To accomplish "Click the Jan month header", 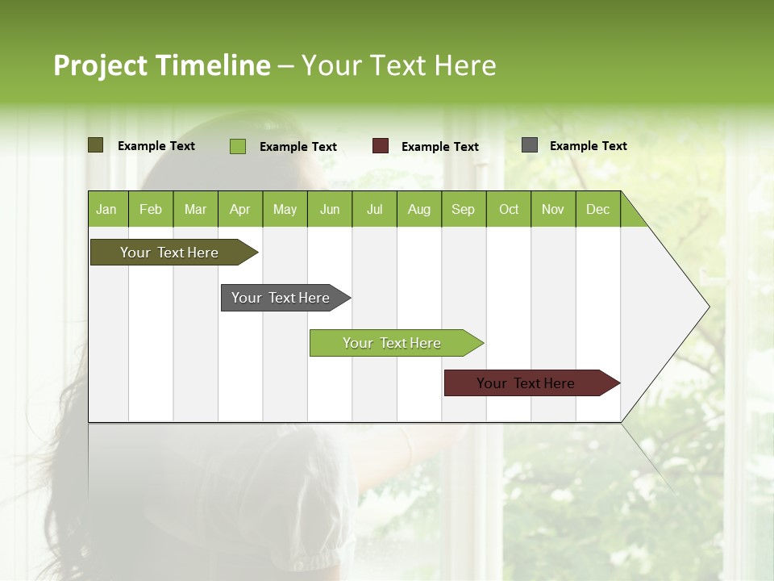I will pyautogui.click(x=107, y=209).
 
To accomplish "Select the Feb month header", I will pyautogui.click(x=151, y=209).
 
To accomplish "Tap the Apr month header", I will pyautogui.click(x=240, y=209).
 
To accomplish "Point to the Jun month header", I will pyautogui.click(x=330, y=209).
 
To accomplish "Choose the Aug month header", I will pyautogui.click(x=419, y=209).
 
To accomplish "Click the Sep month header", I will pyautogui.click(x=464, y=209).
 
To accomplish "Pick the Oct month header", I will pyautogui.click(x=509, y=209).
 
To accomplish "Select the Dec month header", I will pyautogui.click(x=598, y=209).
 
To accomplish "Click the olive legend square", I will pyautogui.click(x=96, y=145).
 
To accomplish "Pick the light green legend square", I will pyautogui.click(x=238, y=146).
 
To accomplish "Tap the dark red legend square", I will pyautogui.click(x=381, y=146).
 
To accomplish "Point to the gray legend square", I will pyautogui.click(x=530, y=145).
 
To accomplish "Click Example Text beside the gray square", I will pyautogui.click(x=589, y=146).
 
